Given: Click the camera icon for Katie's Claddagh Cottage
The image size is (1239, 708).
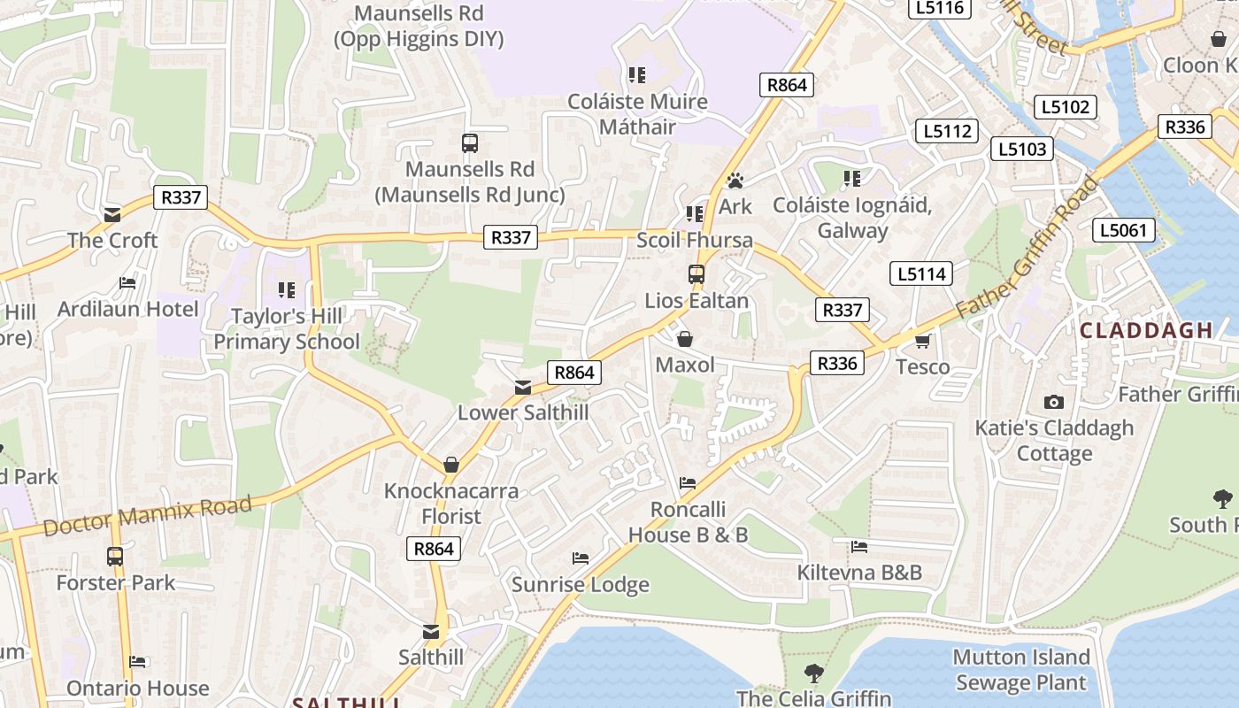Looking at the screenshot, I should pos(1053,402).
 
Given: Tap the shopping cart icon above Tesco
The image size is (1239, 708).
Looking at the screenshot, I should pos(923,341).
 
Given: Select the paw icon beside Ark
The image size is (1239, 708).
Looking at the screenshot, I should pos(735,181).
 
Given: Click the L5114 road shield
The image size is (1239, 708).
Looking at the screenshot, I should pos(922,273).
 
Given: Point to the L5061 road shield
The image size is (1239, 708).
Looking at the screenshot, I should pos(1124,231).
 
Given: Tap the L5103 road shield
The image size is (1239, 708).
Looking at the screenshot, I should pos(1022,149).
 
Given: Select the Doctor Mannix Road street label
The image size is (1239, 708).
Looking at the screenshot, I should pos(147,515).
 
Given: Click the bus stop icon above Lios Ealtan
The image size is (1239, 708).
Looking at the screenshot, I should pos(696,274).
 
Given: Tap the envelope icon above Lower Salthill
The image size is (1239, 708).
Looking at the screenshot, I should pos(523,387).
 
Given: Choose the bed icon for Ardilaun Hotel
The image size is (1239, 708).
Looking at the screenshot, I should pos(127,283).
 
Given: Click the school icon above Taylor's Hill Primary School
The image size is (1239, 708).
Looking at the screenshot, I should pos(286,289).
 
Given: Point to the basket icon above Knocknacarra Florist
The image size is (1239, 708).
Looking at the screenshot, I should pos(451,465).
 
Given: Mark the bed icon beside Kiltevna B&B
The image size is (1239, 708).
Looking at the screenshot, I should pos(858,546).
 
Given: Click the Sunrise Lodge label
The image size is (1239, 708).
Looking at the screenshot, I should pos(581,584).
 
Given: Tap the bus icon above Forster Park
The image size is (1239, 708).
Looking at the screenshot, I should pos(115,557).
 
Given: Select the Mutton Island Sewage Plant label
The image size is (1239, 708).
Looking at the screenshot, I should pos(1020,670).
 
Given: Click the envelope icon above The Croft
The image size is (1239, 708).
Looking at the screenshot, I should pos(112,214).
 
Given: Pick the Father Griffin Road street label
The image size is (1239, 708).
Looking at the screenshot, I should pos(1028,248).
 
